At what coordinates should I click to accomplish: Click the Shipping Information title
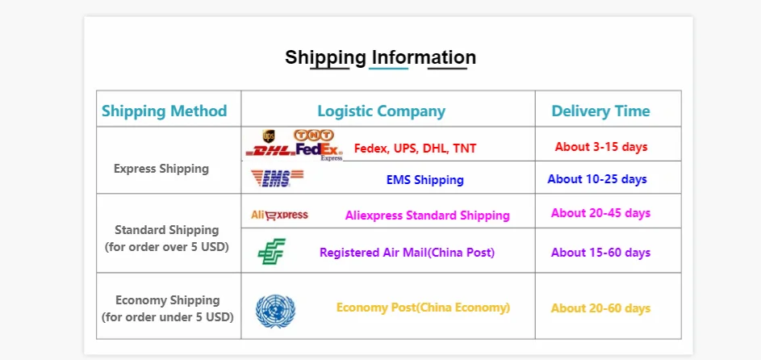[x=380, y=57]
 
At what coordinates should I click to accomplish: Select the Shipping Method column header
[x=165, y=111]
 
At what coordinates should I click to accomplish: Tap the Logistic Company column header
[x=381, y=111]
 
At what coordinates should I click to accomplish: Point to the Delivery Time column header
[x=600, y=111]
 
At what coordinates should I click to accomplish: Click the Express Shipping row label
[x=161, y=169]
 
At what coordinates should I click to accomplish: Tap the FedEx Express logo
[x=320, y=150]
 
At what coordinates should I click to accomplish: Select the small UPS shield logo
[x=269, y=136]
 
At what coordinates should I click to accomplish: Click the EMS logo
[x=277, y=178]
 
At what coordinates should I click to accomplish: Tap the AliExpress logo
[x=279, y=215]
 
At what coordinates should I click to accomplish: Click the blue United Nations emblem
[x=275, y=311]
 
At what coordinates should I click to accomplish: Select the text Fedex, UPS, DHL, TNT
[x=415, y=149]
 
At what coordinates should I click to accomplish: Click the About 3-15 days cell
[x=601, y=147]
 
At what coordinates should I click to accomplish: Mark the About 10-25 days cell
[x=597, y=178]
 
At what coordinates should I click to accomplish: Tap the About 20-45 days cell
[x=600, y=213]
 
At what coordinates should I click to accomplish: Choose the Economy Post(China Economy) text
[x=423, y=308]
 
